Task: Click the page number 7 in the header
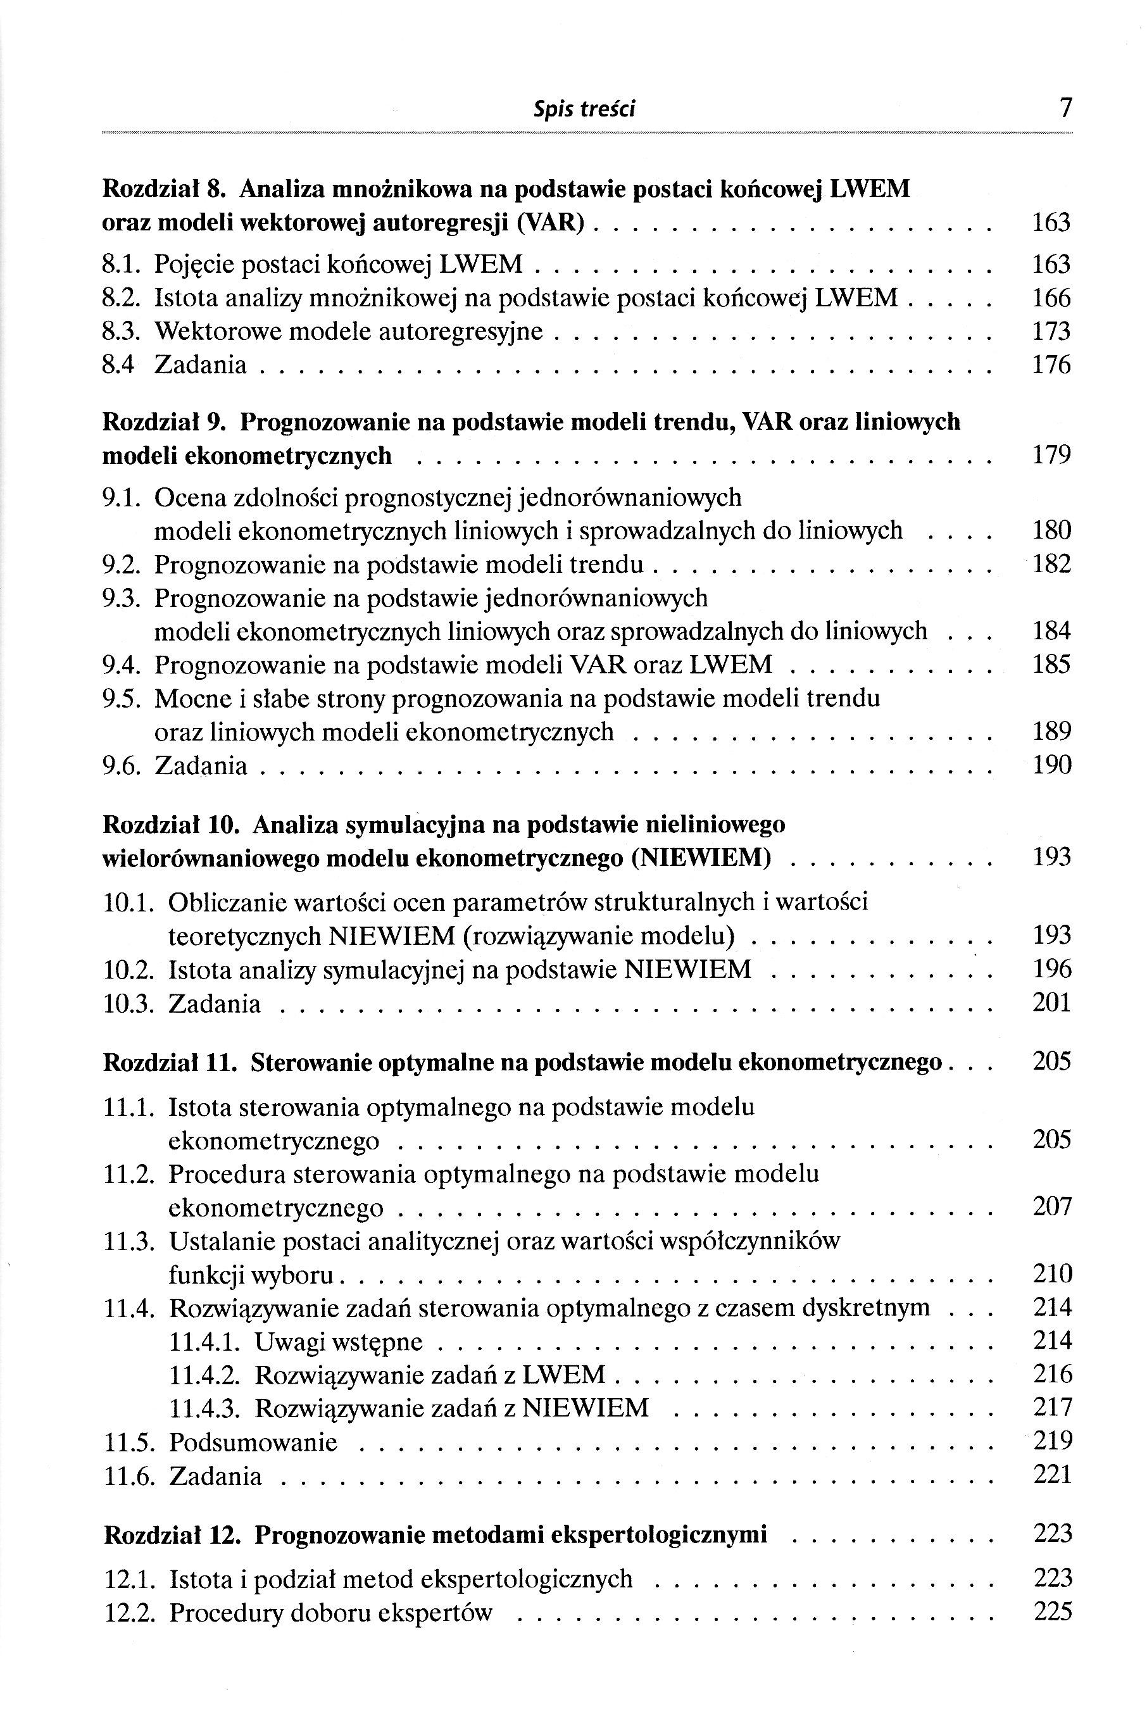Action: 1065,109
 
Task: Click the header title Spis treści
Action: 584,109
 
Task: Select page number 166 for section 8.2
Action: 1051,298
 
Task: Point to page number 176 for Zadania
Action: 1051,365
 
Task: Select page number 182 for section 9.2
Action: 1051,564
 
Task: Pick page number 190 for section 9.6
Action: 1051,766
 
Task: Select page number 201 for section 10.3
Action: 1052,1003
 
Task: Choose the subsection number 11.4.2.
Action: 205,1375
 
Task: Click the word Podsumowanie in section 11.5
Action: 253,1442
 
